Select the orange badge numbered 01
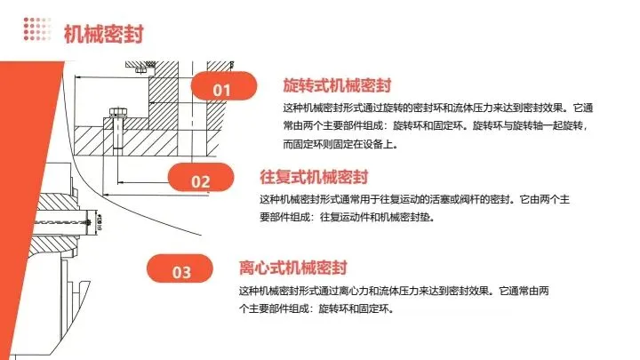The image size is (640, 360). (222, 90)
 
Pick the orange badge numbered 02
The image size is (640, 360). (201, 181)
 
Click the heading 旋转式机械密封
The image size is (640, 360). (337, 85)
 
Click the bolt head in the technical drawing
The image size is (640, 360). (116, 114)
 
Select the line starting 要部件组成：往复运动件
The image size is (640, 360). (347, 216)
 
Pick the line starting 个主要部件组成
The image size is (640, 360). (316, 308)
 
